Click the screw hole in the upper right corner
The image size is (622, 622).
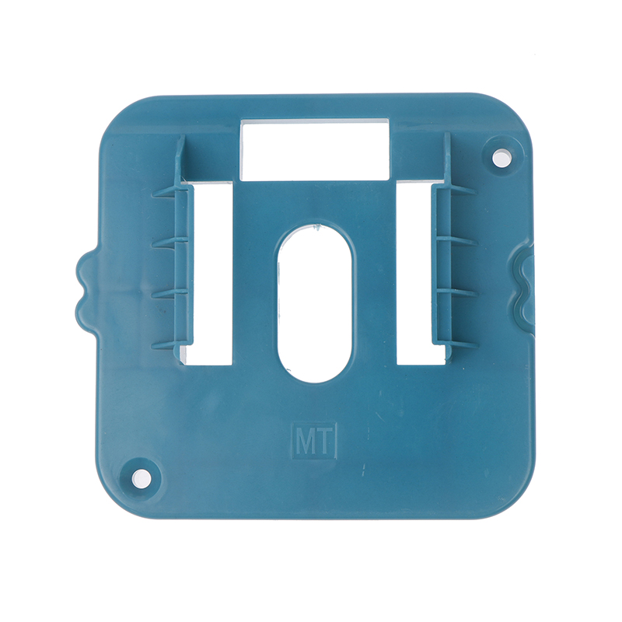[501, 158]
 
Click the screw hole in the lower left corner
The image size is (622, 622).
[140, 477]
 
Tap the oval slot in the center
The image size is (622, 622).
[314, 303]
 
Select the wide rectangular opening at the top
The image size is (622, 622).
[315, 150]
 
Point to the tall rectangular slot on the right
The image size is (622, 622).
[421, 274]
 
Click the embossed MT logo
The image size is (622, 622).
[314, 441]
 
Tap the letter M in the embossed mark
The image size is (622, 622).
[305, 441]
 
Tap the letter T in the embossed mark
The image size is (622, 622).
[324, 441]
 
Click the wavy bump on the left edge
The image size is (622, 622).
[85, 288]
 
